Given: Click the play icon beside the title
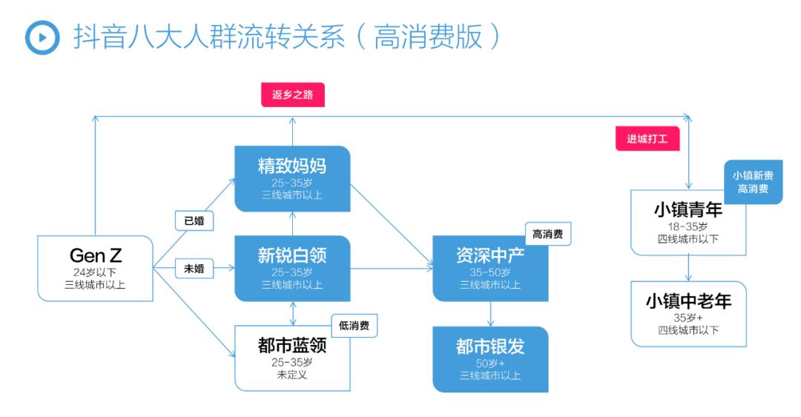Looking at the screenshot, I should pyautogui.click(x=42, y=36).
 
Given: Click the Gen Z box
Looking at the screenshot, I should pyautogui.click(x=95, y=268).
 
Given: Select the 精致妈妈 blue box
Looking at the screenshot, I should pyautogui.click(x=291, y=178).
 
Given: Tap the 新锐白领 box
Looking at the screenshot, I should pyautogui.click(x=291, y=268).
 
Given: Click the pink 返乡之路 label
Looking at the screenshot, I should pyautogui.click(x=292, y=95).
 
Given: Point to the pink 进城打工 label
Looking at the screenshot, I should pyautogui.click(x=647, y=138).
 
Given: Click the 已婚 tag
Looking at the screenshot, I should pyautogui.click(x=194, y=220).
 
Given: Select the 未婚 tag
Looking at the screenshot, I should pyautogui.click(x=194, y=269).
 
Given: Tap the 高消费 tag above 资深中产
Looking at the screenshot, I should pyautogui.click(x=548, y=234).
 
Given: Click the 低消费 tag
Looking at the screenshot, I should pyautogui.click(x=354, y=325).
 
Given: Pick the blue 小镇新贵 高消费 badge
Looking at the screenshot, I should pyautogui.click(x=752, y=182).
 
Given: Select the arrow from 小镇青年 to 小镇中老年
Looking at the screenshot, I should pyautogui.click(x=688, y=268).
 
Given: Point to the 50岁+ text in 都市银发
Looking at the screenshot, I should pyautogui.click(x=490, y=364).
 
